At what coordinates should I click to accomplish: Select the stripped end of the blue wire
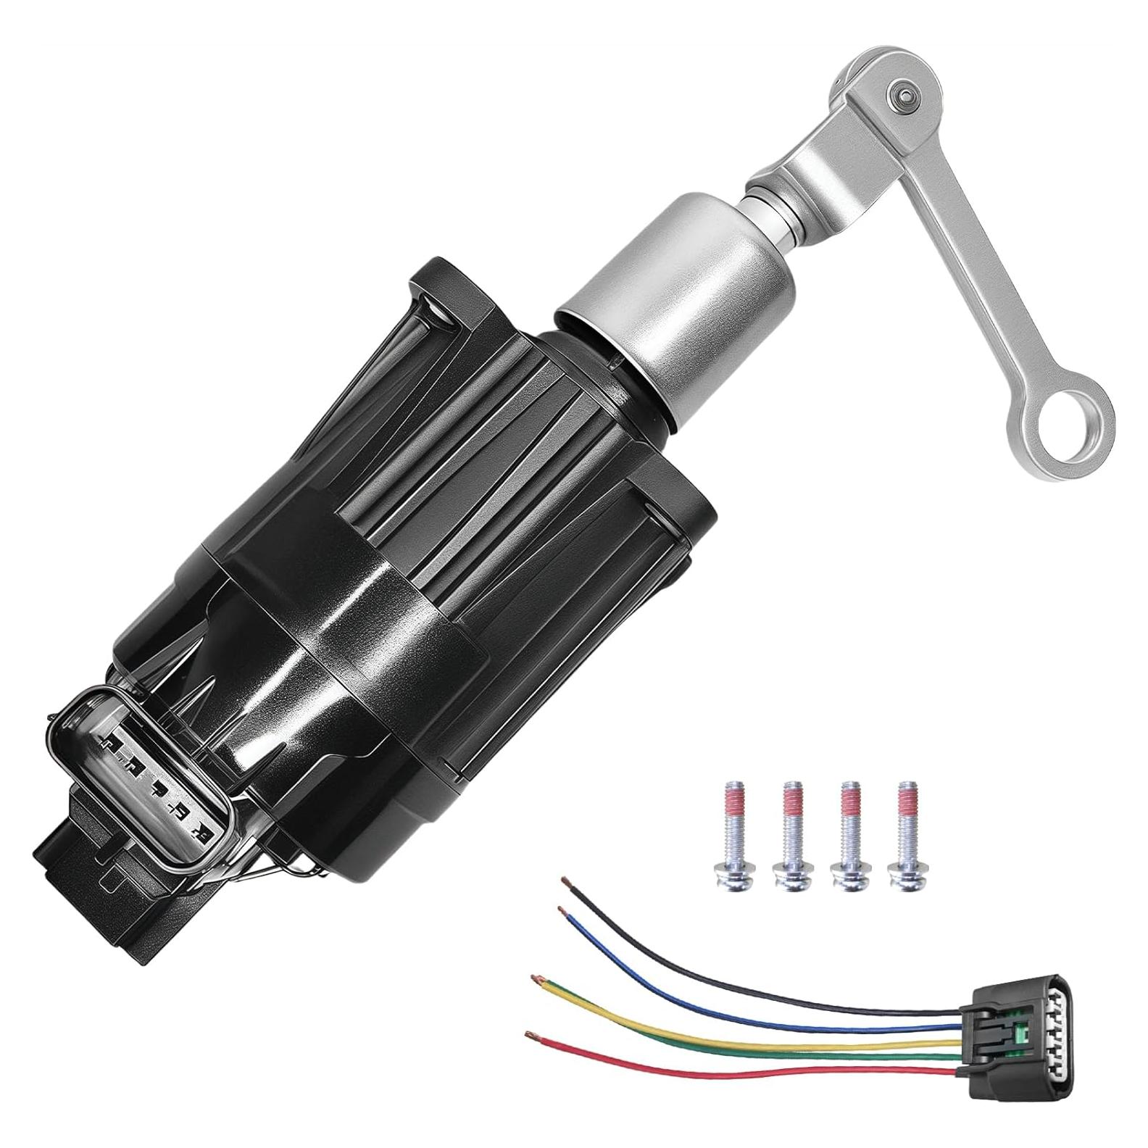pyautogui.click(x=561, y=909)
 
